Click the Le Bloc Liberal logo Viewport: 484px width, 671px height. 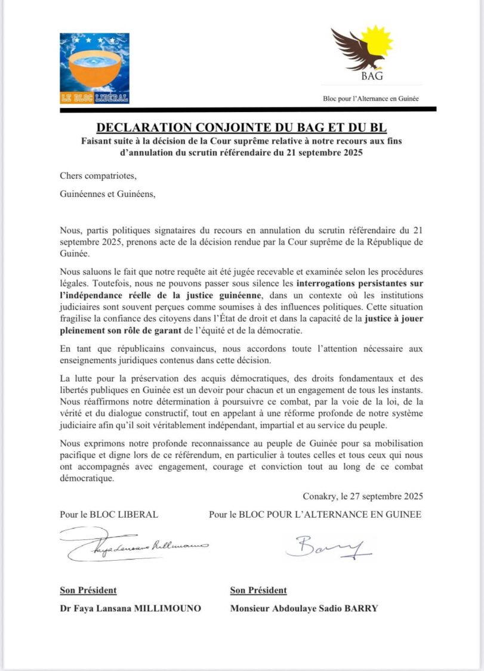[x=94, y=68]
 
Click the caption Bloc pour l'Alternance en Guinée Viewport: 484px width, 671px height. [x=370, y=98]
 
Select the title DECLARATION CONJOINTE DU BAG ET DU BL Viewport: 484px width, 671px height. [x=242, y=127]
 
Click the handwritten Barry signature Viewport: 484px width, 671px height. [x=328, y=546]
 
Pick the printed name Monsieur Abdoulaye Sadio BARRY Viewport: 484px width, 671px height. [x=304, y=608]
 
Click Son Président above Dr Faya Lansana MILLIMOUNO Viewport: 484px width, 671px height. [x=88, y=590]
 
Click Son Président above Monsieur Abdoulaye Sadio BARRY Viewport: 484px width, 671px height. [x=258, y=590]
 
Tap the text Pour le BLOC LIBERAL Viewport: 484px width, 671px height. [x=109, y=514]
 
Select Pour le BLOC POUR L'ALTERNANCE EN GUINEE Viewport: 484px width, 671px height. [x=315, y=514]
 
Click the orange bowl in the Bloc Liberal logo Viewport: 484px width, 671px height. [x=94, y=70]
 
